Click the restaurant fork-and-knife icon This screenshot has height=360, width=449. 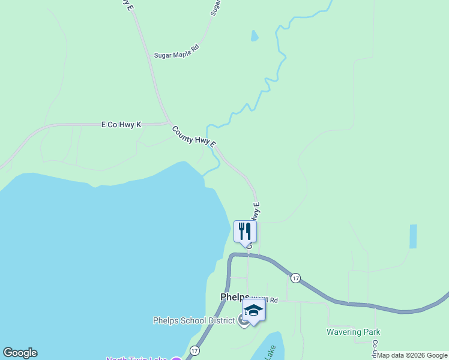[x=245, y=231]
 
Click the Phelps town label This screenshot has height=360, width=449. [x=234, y=297]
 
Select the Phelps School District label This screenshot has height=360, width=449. [x=194, y=320]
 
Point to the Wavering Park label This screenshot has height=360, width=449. [x=353, y=332]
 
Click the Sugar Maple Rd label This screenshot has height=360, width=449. [x=176, y=55]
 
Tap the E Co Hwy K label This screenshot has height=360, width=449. [x=121, y=125]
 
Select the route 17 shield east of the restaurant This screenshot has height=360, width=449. [x=295, y=278]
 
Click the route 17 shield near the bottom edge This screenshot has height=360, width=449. [x=194, y=350]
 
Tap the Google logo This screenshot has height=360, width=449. [x=20, y=353]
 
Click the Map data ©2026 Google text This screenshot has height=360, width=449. [x=412, y=355]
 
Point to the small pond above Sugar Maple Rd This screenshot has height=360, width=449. [x=254, y=36]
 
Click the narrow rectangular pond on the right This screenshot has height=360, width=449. [x=412, y=236]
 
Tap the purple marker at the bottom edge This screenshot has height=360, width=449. [x=176, y=359]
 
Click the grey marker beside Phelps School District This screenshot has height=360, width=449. [x=243, y=320]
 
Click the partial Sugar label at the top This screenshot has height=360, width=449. [x=215, y=7]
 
